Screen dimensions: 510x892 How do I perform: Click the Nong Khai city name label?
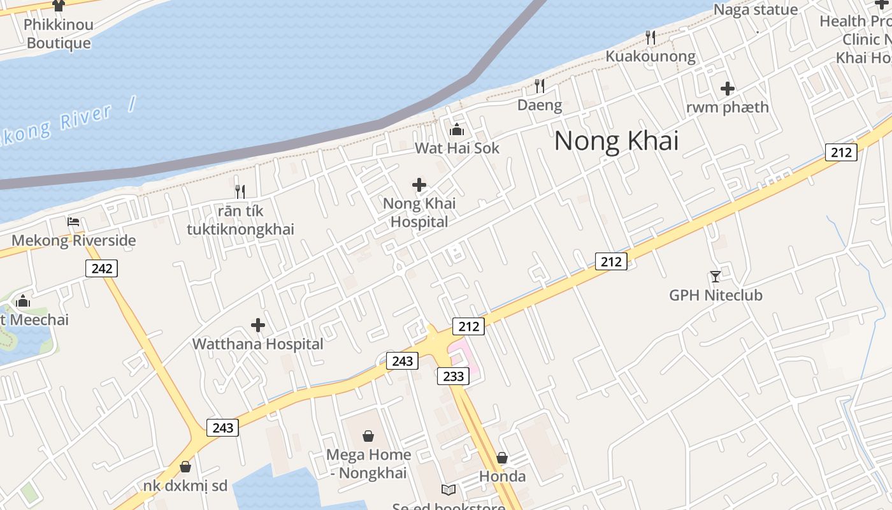pyautogui.click(x=616, y=140)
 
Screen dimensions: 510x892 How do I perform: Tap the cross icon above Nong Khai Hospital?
pyautogui.click(x=419, y=186)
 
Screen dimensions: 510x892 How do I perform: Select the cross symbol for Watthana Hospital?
pyautogui.click(x=258, y=326)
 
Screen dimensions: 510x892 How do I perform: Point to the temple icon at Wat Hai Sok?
pyautogui.click(x=457, y=130)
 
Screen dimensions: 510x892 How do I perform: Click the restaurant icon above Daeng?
pyautogui.click(x=540, y=85)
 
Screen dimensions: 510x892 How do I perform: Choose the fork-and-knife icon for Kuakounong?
pyautogui.click(x=650, y=38)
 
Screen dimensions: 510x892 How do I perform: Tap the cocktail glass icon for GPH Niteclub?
pyautogui.click(x=716, y=277)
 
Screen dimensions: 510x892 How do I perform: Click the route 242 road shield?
pyautogui.click(x=101, y=268)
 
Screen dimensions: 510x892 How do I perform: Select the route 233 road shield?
pyautogui.click(x=453, y=376)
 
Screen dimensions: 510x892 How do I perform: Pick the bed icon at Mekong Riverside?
pyautogui.click(x=73, y=222)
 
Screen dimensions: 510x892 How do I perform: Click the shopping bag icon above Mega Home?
pyautogui.click(x=368, y=436)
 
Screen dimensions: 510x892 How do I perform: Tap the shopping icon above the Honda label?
pyautogui.click(x=502, y=458)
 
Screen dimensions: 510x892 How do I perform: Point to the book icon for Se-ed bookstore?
pyautogui.click(x=449, y=490)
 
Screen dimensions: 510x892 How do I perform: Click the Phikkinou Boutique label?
pyautogui.click(x=59, y=34)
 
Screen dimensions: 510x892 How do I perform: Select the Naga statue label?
pyautogui.click(x=755, y=10)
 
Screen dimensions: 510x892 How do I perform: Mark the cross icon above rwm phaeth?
pyautogui.click(x=728, y=89)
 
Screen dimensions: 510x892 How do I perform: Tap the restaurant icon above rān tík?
pyautogui.click(x=240, y=191)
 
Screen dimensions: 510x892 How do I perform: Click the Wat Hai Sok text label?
pyautogui.click(x=457, y=149)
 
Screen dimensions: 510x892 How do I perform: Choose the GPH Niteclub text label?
pyautogui.click(x=716, y=295)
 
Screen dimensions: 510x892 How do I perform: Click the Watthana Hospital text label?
pyautogui.click(x=258, y=344)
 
